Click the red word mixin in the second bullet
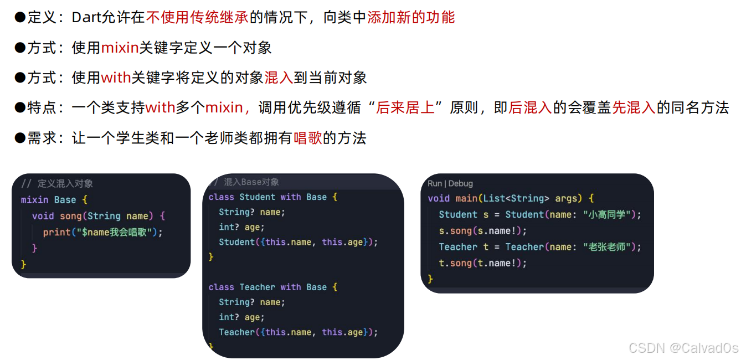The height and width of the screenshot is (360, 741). click(120, 48)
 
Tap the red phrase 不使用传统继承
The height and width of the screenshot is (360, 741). click(198, 18)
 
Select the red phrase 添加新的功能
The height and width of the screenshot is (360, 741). click(411, 18)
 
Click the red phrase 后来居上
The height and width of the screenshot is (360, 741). click(405, 107)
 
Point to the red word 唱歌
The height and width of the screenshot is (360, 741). click(307, 137)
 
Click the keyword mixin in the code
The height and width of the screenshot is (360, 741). click(34, 199)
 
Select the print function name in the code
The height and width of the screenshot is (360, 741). click(56, 232)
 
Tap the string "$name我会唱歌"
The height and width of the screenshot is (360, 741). click(117, 232)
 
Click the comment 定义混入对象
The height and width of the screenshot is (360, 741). click(65, 183)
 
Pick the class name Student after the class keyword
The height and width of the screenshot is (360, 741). click(258, 197)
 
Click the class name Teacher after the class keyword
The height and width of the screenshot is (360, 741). click(258, 287)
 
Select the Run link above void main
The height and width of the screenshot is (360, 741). click(435, 183)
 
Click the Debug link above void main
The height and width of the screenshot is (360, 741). click(461, 183)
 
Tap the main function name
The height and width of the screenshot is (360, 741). click(466, 198)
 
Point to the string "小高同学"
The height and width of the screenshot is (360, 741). click(609, 214)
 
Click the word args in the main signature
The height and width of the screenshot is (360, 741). click(570, 198)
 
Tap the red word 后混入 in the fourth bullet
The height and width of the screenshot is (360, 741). click(530, 107)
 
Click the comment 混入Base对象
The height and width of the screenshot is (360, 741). click(251, 182)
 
